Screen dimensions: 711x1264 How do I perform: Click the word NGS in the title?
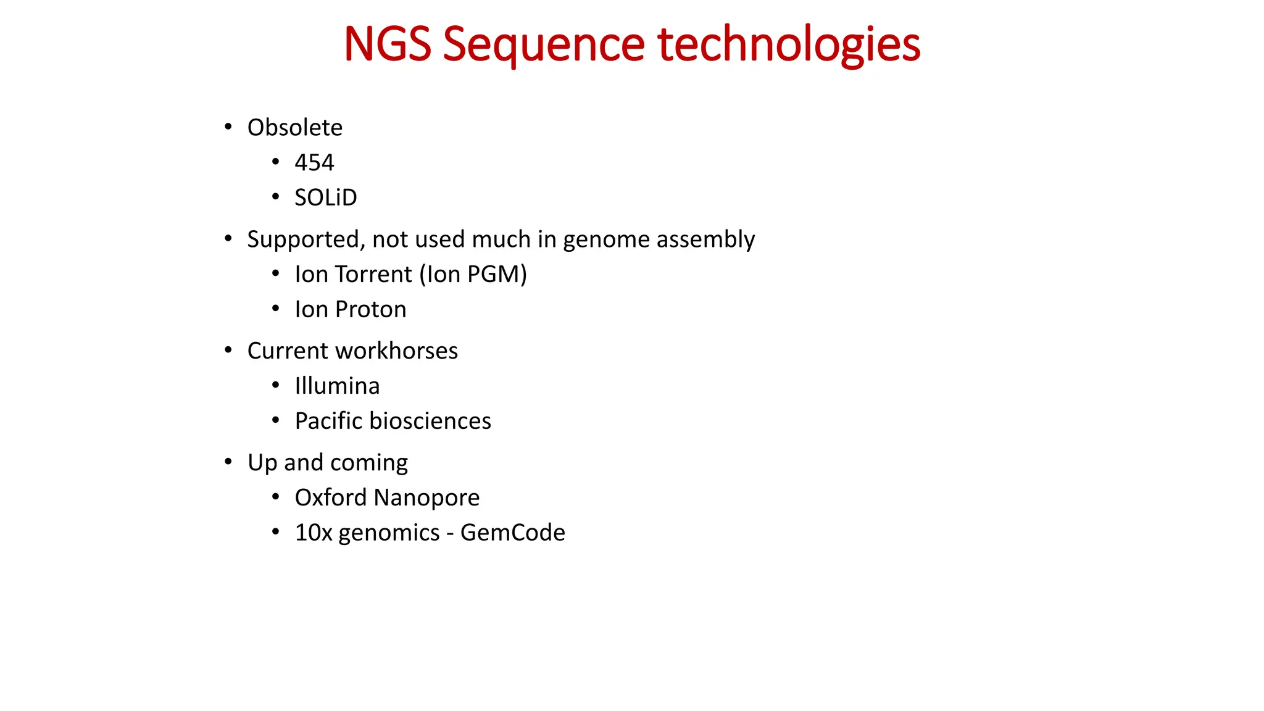(387, 44)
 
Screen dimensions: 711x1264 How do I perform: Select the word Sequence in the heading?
(543, 44)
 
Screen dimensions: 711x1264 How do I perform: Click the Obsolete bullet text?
(294, 128)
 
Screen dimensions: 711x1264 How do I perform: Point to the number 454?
(314, 162)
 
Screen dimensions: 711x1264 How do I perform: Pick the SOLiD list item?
(325, 197)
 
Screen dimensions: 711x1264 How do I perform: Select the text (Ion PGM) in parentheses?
(473, 275)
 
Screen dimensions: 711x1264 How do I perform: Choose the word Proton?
(370, 309)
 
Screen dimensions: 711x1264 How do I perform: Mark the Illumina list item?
(337, 386)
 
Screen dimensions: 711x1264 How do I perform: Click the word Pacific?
(328, 421)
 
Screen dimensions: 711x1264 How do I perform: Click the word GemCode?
(512, 533)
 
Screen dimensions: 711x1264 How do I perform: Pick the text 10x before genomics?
(314, 533)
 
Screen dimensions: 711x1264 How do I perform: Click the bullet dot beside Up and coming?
(228, 462)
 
